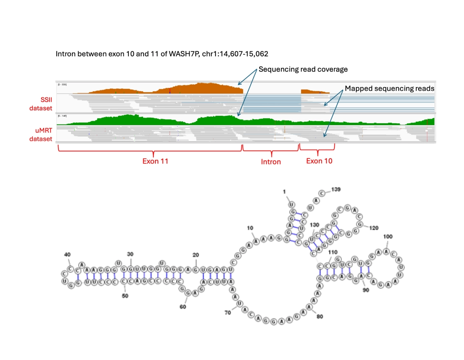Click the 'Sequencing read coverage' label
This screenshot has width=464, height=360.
click(303, 69)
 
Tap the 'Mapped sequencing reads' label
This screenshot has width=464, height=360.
click(389, 88)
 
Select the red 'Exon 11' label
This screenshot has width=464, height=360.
click(155, 161)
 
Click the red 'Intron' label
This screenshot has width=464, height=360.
click(271, 162)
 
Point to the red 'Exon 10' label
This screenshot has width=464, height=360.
click(319, 161)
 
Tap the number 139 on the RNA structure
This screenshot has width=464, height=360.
click(336, 189)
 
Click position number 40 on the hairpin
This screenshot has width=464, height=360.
click(67, 255)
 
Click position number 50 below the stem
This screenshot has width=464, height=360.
click(124, 295)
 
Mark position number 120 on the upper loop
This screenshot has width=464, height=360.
click(373, 227)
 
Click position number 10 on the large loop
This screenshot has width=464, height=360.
click(250, 228)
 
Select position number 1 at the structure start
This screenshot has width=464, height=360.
click(284, 192)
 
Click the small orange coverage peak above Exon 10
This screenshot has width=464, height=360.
click(315, 91)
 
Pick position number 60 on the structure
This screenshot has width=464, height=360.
click(183, 306)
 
